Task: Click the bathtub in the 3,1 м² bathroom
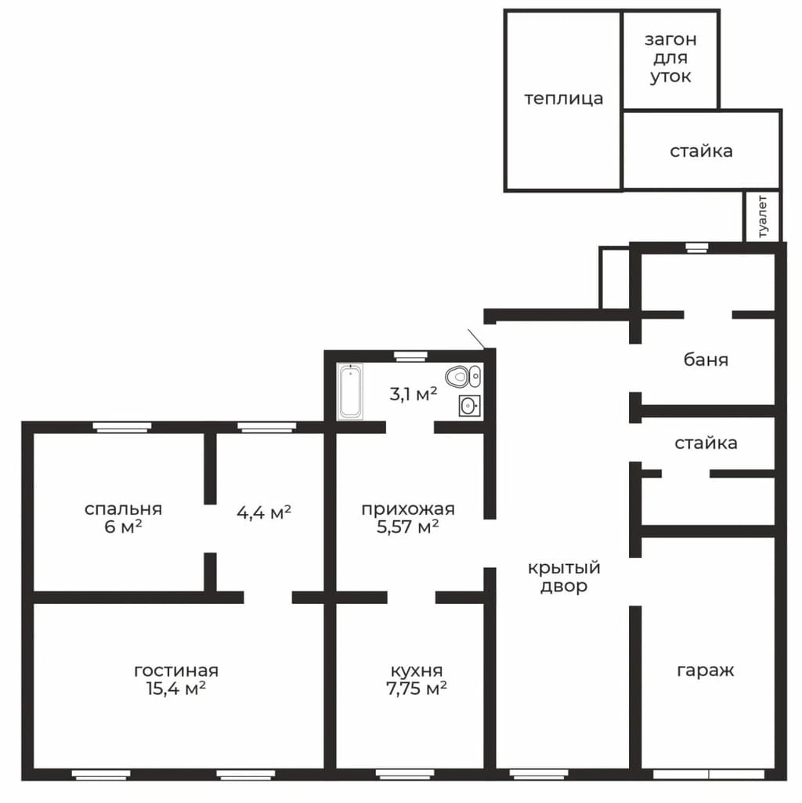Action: point(350,391)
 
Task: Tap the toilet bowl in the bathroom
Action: point(463,377)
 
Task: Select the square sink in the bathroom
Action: point(469,406)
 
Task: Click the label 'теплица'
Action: point(563,99)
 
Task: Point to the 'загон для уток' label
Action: point(670,58)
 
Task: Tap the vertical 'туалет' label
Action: point(762,216)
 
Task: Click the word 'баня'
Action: point(706,360)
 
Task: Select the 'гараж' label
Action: point(706,670)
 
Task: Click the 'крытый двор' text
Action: point(564,577)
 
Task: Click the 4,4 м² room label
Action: point(264,512)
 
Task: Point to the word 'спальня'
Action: point(124,509)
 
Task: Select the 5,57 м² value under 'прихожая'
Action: point(408,526)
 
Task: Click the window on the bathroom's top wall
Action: point(410,356)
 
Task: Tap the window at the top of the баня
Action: point(696,248)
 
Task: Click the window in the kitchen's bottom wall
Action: point(405,774)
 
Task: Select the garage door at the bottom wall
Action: point(709,774)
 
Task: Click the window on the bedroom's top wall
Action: point(122,427)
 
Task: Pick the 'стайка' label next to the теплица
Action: point(701,150)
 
